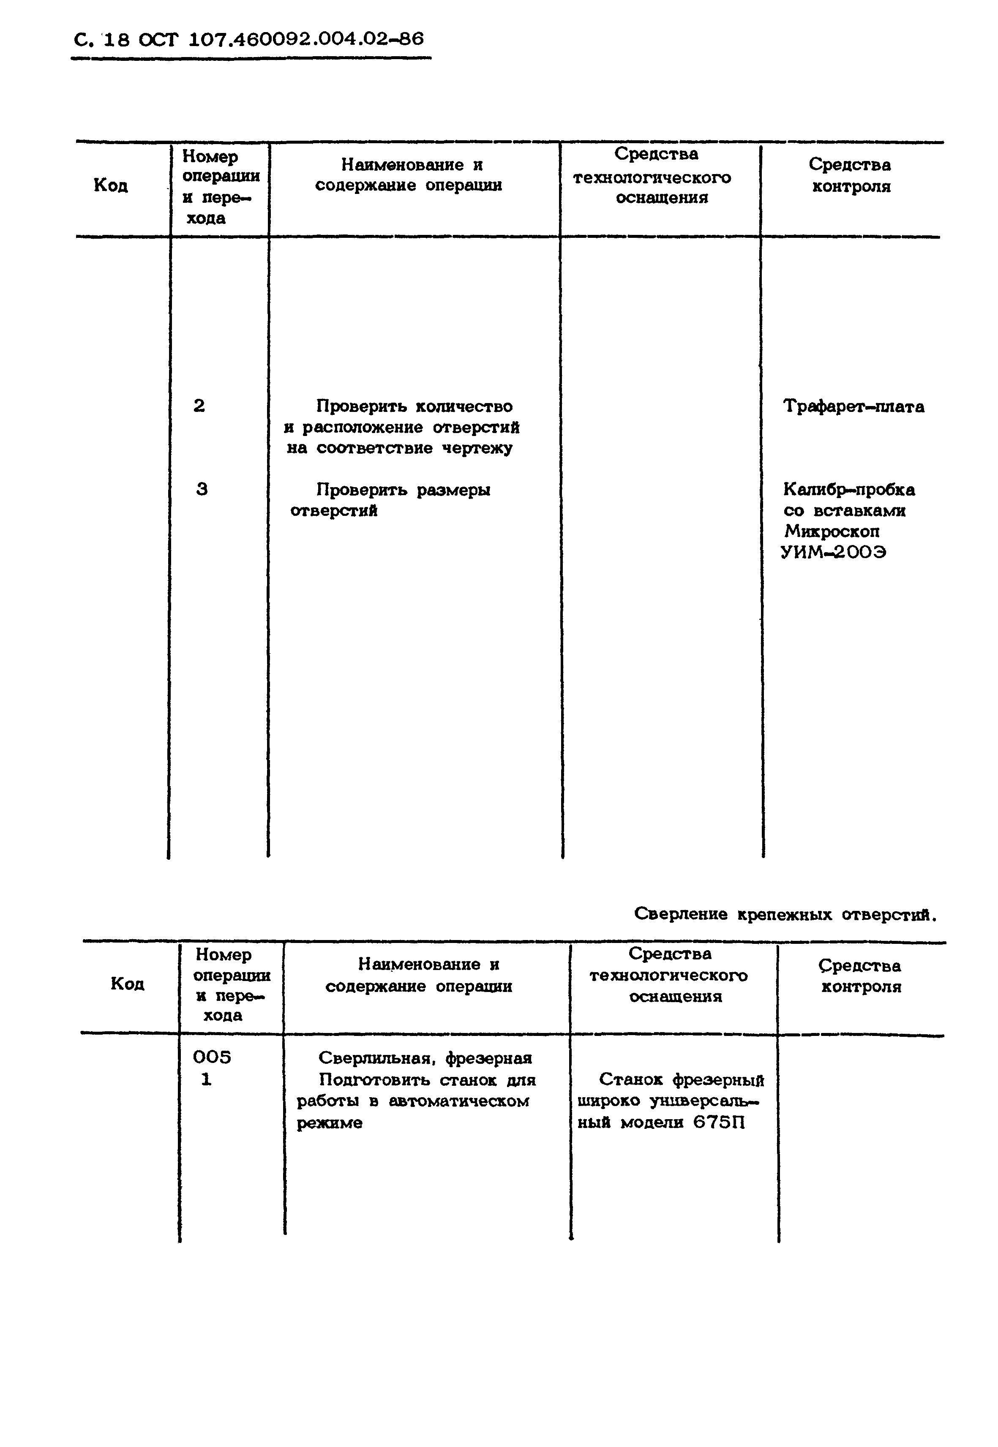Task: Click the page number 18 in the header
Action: coord(116,40)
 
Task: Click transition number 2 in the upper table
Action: coord(199,406)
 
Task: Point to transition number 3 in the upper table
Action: coord(202,489)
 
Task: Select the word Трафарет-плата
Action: coord(853,406)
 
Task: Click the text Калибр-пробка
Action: coord(848,490)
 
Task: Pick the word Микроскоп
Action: coord(832,531)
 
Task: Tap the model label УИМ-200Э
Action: coord(834,552)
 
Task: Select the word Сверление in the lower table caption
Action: coord(681,914)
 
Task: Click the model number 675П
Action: coord(719,1123)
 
